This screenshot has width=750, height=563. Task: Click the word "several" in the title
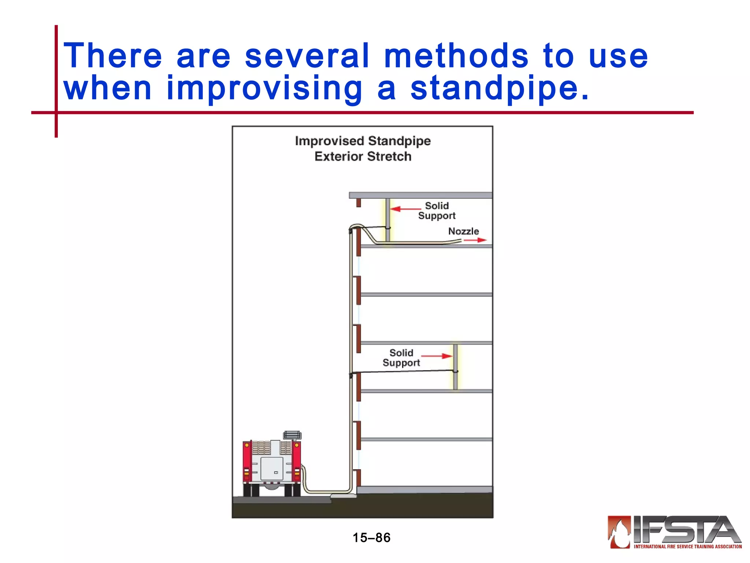307,56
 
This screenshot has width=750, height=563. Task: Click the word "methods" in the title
456,56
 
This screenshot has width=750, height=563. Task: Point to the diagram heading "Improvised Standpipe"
363,141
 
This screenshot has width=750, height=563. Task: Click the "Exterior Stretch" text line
363,157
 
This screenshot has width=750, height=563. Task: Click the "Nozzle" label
463,231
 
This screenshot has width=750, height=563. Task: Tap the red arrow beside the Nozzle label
475,240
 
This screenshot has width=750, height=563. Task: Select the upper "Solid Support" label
437,211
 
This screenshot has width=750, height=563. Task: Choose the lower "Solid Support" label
401,358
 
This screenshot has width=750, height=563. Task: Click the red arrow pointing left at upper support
405,209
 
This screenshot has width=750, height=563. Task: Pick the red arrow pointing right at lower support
437,356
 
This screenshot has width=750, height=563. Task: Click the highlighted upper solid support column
387,220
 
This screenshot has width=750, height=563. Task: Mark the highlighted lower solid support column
455,367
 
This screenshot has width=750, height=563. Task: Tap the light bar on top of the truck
292,435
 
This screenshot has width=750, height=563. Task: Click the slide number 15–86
371,538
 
